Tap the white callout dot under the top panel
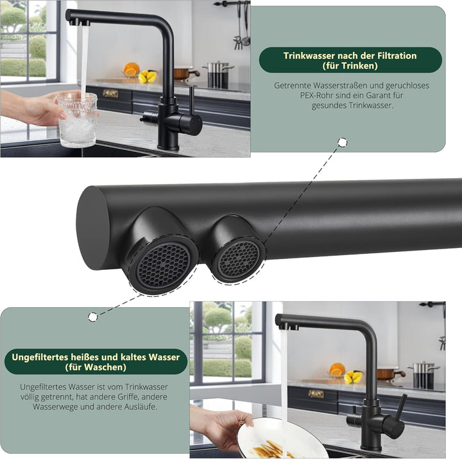pos(343,142)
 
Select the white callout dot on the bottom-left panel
pos(93,317)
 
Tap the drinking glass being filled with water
pos(77,119)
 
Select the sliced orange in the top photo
pos(131,69)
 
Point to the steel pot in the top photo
pos(218,74)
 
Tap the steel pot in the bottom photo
pos(424,375)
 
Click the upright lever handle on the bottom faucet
pos(402,406)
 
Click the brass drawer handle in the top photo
pos(110,94)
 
